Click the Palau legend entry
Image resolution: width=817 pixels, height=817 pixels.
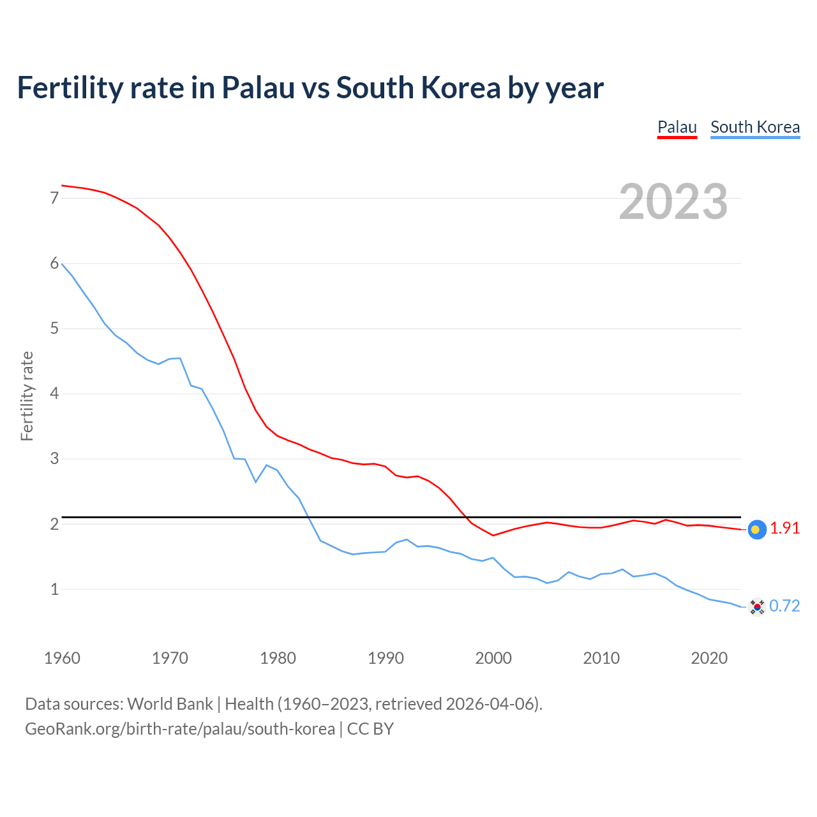pyautogui.click(x=677, y=127)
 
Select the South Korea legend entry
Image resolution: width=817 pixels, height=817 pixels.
pyautogui.click(x=755, y=127)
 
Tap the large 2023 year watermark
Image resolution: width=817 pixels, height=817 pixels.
pyautogui.click(x=673, y=202)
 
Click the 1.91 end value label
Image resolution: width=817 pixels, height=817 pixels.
pyautogui.click(x=784, y=528)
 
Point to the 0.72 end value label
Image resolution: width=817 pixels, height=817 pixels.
pyautogui.click(x=784, y=606)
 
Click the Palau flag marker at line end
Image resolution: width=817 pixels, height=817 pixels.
pyautogui.click(x=756, y=529)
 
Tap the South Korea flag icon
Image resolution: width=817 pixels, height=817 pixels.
pyautogui.click(x=756, y=606)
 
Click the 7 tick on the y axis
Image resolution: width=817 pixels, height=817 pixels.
pyautogui.click(x=54, y=198)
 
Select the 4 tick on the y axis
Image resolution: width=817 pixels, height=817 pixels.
pyautogui.click(x=54, y=394)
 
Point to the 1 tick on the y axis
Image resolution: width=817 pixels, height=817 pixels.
pyautogui.click(x=54, y=589)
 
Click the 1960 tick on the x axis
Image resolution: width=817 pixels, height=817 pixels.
pyautogui.click(x=62, y=658)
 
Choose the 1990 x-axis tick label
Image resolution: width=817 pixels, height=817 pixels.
pyautogui.click(x=386, y=658)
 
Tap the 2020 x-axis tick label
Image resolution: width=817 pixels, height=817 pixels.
pyautogui.click(x=709, y=658)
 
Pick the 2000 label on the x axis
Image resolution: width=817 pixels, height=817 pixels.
pyautogui.click(x=493, y=658)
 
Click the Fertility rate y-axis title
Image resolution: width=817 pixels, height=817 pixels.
pyautogui.click(x=27, y=396)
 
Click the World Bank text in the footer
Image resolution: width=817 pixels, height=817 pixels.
pyautogui.click(x=170, y=704)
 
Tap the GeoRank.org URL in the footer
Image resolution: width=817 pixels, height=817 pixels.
pyautogui.click(x=179, y=729)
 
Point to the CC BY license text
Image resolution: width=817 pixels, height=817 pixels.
pyautogui.click(x=370, y=729)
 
